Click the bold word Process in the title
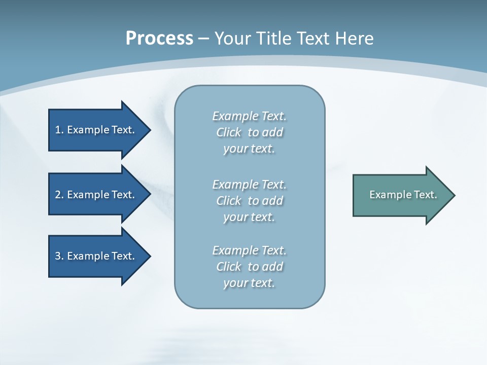159,39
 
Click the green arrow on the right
401,195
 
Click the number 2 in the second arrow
58,195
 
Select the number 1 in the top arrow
58,130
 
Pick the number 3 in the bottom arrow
58,256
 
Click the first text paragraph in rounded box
249,132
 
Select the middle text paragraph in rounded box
249,201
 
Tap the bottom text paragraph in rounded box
249,267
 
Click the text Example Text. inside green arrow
403,195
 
